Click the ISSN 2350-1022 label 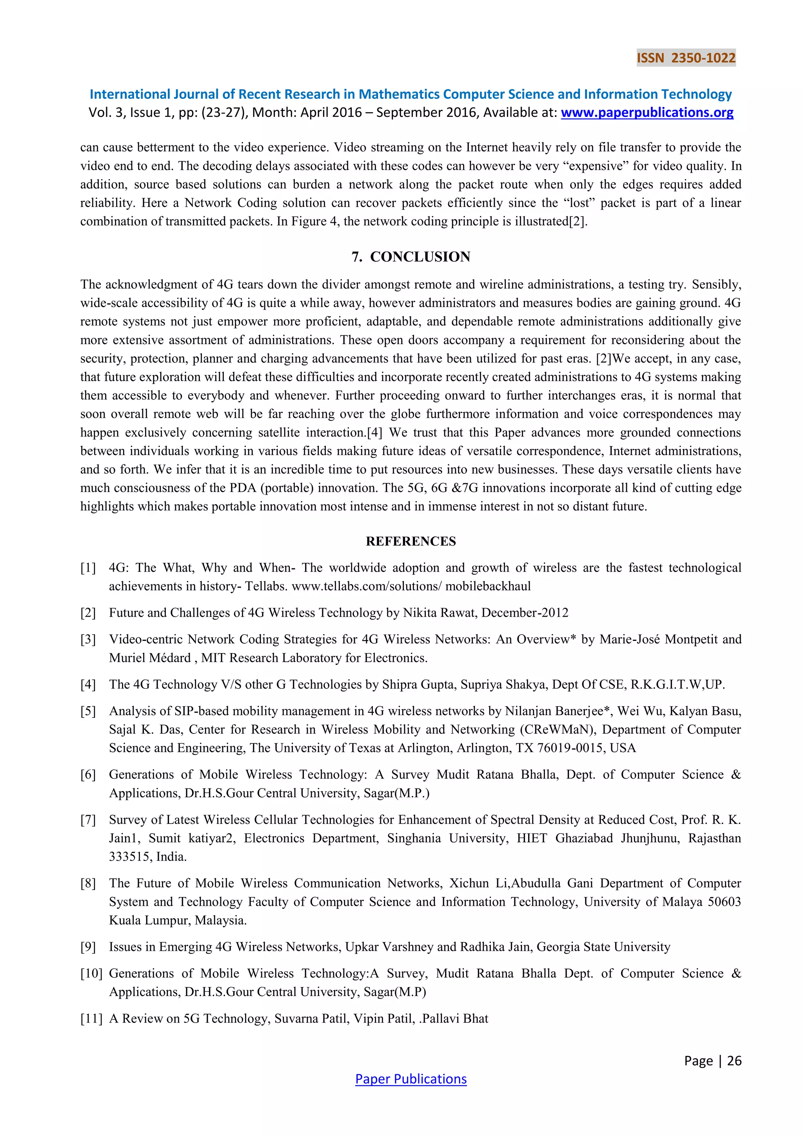click(x=686, y=58)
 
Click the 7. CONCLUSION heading click(x=411, y=257)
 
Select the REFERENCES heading click(x=411, y=541)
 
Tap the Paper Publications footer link click(x=411, y=1079)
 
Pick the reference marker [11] click(x=91, y=1018)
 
